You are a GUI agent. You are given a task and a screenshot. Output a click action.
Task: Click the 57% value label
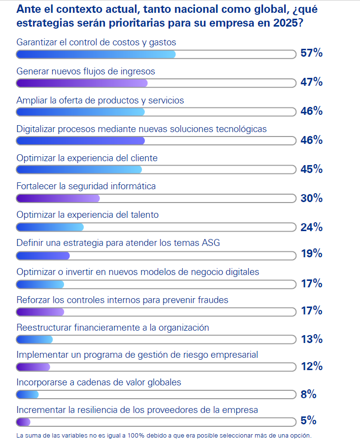(x=311, y=53)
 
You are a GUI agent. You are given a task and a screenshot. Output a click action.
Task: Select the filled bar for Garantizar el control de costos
(x=96, y=54)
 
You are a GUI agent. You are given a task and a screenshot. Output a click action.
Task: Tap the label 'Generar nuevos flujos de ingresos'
(x=86, y=71)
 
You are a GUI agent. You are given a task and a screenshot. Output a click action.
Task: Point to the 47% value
(x=311, y=82)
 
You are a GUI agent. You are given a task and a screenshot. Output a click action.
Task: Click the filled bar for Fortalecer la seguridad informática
(x=58, y=198)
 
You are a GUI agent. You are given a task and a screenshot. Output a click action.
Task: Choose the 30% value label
(x=311, y=198)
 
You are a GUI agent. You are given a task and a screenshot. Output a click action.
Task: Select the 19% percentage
(x=311, y=254)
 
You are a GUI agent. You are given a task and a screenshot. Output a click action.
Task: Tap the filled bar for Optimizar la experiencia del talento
(x=50, y=227)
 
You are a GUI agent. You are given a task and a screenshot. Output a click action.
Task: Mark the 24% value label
(x=311, y=227)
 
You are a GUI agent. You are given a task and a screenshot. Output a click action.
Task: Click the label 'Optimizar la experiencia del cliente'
(x=87, y=158)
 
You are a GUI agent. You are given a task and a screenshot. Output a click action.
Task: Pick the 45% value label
(x=311, y=169)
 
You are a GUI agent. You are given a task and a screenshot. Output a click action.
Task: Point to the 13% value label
(x=311, y=339)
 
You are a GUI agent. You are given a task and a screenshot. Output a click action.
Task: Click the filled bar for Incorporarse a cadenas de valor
(x=28, y=394)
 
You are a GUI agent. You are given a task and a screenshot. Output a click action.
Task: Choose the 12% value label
(x=311, y=366)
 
